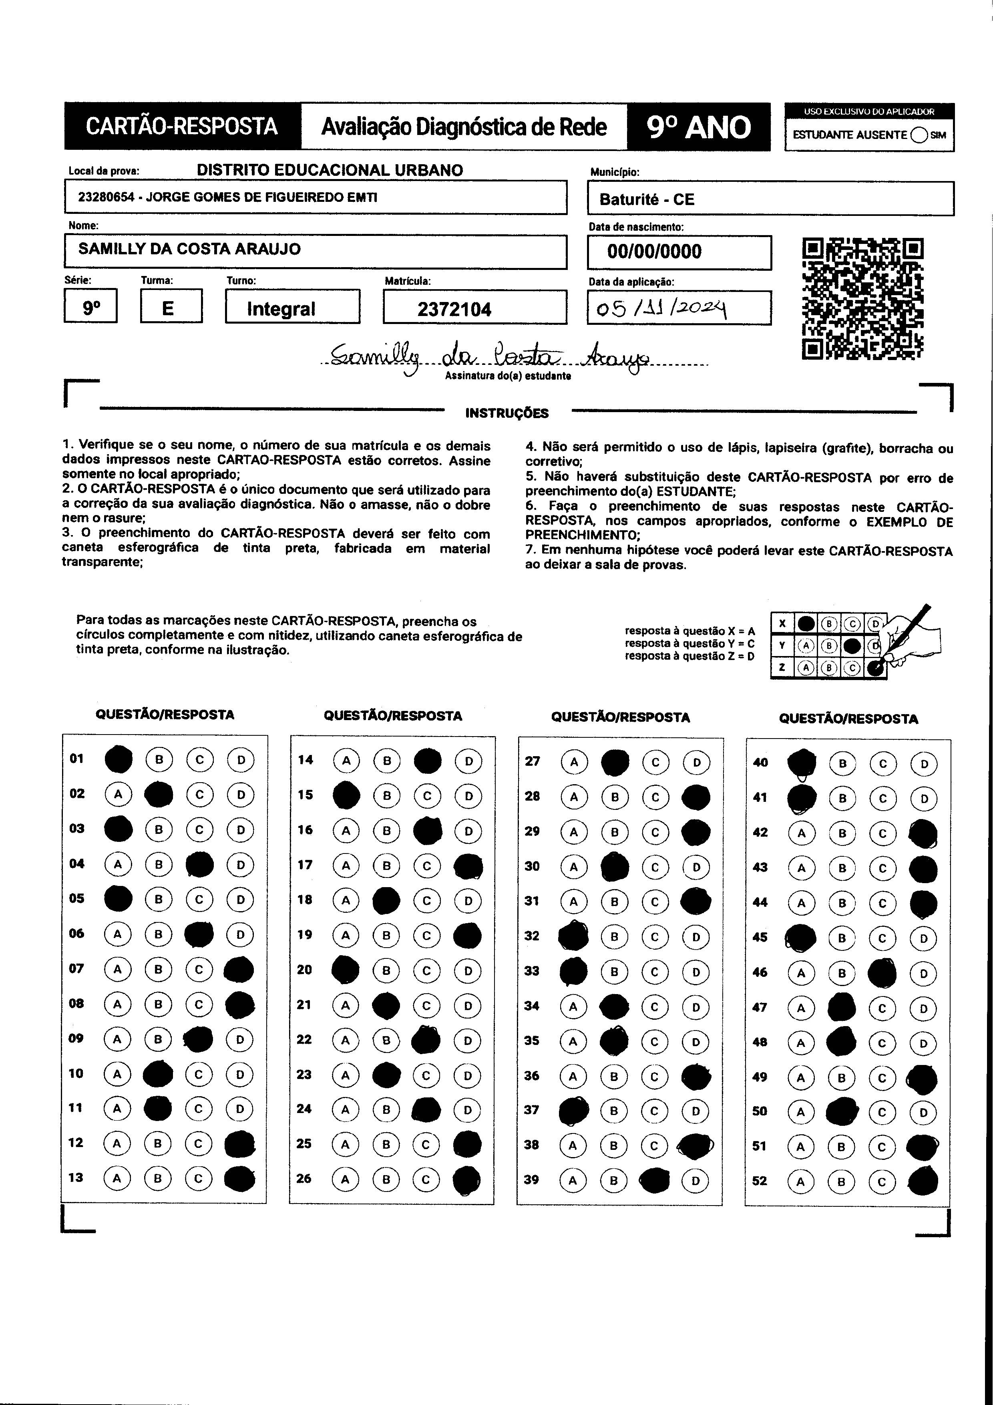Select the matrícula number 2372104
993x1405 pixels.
click(454, 309)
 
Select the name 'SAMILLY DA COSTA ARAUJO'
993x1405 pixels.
click(190, 249)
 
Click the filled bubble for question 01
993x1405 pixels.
click(119, 759)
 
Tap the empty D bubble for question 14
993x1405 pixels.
click(468, 761)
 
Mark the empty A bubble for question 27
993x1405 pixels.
click(574, 763)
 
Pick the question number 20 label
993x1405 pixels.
click(304, 970)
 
